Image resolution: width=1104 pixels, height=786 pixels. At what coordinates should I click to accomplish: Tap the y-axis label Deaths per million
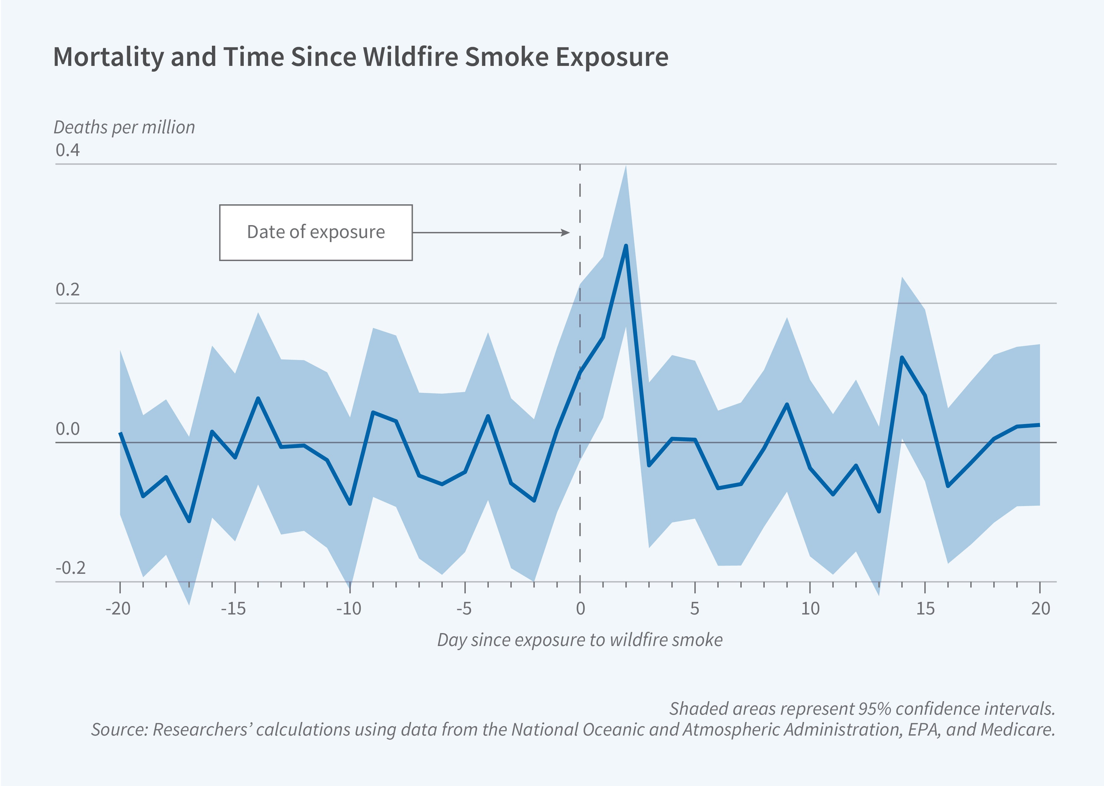tap(124, 127)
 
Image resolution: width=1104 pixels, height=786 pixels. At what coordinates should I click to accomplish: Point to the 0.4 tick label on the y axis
tap(67, 150)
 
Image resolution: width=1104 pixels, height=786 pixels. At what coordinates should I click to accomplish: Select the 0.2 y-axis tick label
tap(67, 289)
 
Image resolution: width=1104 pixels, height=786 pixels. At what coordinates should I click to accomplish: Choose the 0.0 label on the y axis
tap(67, 429)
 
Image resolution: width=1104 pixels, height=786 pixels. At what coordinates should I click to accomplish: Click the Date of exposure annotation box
tap(316, 232)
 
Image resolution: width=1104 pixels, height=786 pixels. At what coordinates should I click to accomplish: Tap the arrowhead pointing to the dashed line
tap(565, 233)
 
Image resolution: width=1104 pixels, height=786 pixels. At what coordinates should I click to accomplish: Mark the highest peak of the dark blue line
tap(626, 246)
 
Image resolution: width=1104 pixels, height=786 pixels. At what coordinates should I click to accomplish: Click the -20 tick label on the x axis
tap(118, 608)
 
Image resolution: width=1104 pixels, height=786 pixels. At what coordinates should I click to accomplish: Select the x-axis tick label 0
tap(580, 608)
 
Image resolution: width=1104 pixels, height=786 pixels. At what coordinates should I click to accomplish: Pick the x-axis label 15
tap(925, 608)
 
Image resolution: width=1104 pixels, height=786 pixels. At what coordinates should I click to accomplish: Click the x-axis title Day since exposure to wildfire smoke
tap(580, 640)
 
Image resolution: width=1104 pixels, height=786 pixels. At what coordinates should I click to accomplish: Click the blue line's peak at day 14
tap(902, 357)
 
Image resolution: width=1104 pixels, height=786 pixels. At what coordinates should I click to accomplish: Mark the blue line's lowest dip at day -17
tap(189, 521)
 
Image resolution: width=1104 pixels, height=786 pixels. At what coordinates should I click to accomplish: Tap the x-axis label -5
tap(464, 608)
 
